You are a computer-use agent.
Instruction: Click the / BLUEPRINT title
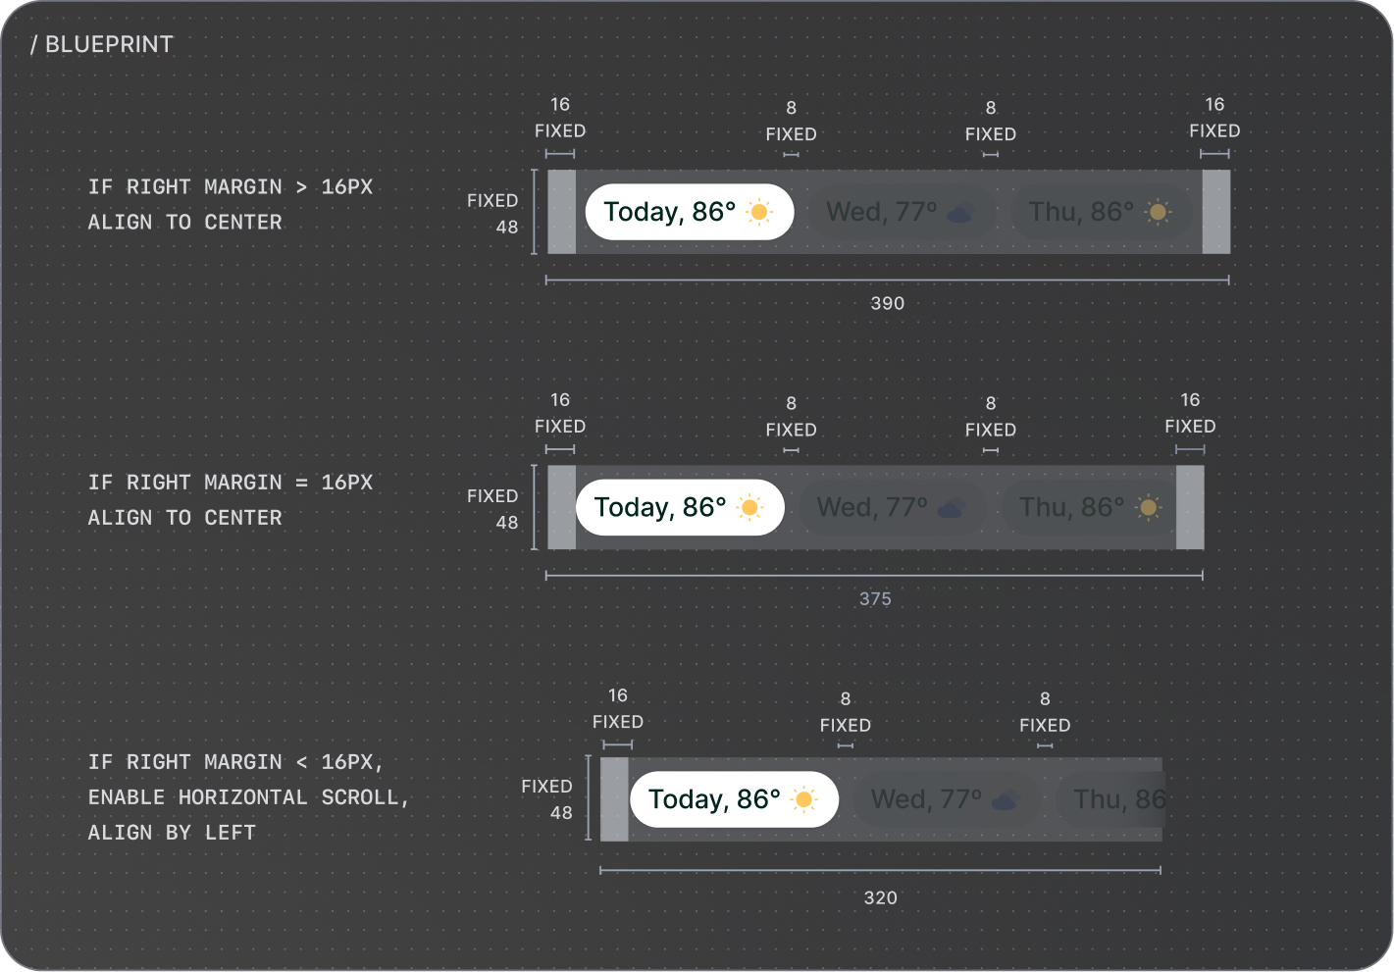pyautogui.click(x=102, y=44)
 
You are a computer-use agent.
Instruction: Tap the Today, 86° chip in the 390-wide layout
pyautogui.click(x=689, y=212)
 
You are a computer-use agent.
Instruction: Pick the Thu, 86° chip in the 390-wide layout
pyautogui.click(x=1101, y=212)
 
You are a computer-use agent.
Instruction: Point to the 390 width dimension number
pyautogui.click(x=887, y=303)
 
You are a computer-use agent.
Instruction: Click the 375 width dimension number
pyautogui.click(x=875, y=598)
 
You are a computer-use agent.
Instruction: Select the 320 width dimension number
pyautogui.click(x=880, y=897)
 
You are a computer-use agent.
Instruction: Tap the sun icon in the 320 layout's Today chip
pyautogui.click(x=804, y=799)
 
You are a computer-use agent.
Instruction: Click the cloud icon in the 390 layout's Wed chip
pyautogui.click(x=959, y=213)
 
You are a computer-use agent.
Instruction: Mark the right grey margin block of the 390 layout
pyautogui.click(x=1215, y=212)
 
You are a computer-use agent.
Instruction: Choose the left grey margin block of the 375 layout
pyautogui.click(x=561, y=507)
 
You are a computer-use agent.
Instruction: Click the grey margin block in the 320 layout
pyautogui.click(x=614, y=799)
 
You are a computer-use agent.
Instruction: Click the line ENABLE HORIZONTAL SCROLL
pyautogui.click(x=248, y=797)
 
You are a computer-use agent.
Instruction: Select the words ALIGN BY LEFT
pyautogui.click(x=172, y=833)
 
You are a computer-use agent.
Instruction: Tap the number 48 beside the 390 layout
pyautogui.click(x=506, y=227)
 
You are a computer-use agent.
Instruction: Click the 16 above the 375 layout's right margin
pyautogui.click(x=1190, y=400)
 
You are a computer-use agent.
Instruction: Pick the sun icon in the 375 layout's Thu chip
pyautogui.click(x=1149, y=508)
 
